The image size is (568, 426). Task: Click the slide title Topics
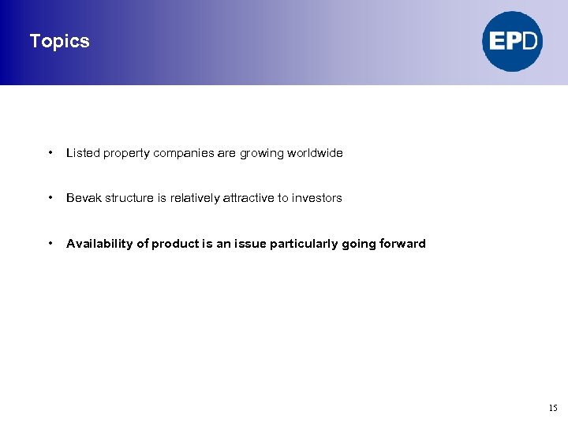pyautogui.click(x=59, y=41)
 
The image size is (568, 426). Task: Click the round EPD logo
pyautogui.click(x=513, y=41)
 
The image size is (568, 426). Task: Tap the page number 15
pyautogui.click(x=552, y=408)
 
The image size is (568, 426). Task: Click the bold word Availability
pyautogui.click(x=99, y=244)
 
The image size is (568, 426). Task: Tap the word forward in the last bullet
pyautogui.click(x=403, y=244)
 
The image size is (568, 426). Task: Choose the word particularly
pyautogui.click(x=304, y=244)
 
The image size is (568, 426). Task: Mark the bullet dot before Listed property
pyautogui.click(x=50, y=152)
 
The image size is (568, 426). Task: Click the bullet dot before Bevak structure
pyautogui.click(x=50, y=197)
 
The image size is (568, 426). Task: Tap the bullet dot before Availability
pyautogui.click(x=50, y=243)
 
